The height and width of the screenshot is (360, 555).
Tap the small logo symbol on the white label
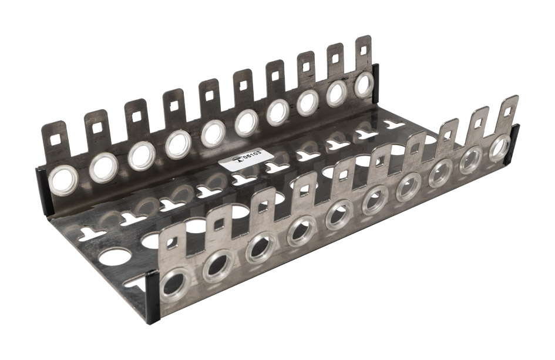click(x=239, y=162)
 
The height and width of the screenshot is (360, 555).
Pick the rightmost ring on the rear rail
click(x=364, y=84)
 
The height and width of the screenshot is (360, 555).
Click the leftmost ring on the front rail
click(x=174, y=285)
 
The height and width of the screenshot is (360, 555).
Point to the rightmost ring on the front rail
click(x=500, y=147)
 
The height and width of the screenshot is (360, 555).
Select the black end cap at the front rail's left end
click(x=153, y=297)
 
